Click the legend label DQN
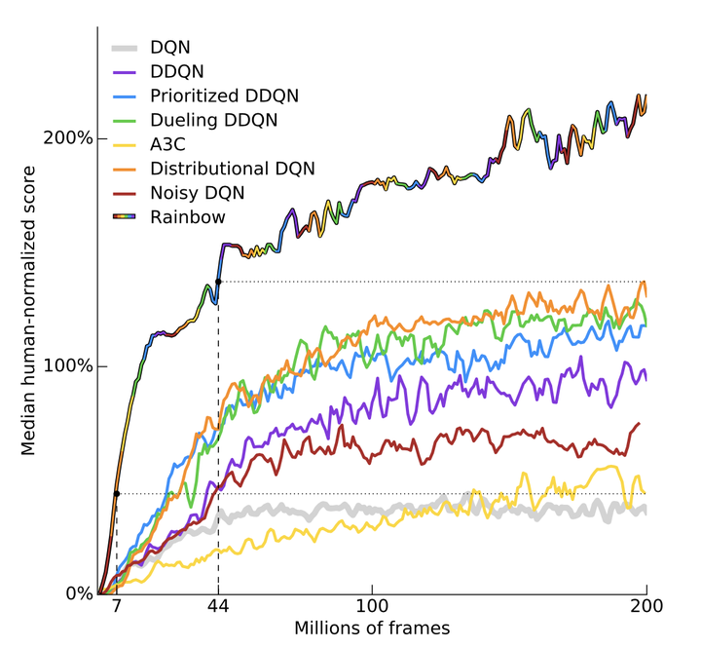pyautogui.click(x=171, y=46)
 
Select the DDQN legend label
pyautogui.click(x=177, y=70)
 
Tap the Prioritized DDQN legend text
pyautogui.click(x=225, y=95)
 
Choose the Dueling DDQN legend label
pyautogui.click(x=214, y=120)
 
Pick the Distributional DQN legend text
pyautogui.click(x=233, y=169)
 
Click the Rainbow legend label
pyautogui.click(x=188, y=217)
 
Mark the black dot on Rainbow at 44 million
pyautogui.click(x=218, y=282)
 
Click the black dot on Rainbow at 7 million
pyautogui.click(x=117, y=494)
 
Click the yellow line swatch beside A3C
pyautogui.click(x=124, y=144)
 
